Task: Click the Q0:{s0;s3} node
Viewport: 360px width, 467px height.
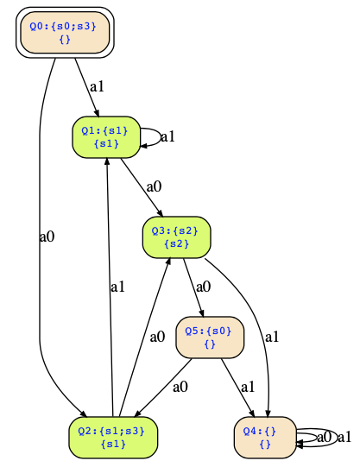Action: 65,33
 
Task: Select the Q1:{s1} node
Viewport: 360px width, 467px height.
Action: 106,137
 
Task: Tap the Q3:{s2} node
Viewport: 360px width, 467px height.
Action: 177,237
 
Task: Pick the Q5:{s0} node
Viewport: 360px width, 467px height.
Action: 210,338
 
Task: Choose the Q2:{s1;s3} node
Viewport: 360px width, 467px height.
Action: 113,438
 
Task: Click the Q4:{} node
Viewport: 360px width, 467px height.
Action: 265,438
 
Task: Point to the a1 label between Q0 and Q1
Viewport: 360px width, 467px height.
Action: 97,86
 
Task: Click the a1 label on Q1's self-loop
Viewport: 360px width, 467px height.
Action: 167,137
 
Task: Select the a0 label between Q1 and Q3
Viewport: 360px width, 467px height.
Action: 154,186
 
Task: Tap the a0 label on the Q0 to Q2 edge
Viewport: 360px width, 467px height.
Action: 47,237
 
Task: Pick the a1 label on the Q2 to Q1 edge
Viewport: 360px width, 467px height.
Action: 117,287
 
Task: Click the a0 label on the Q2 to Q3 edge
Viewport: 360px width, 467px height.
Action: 157,337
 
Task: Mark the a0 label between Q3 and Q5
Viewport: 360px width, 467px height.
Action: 204,287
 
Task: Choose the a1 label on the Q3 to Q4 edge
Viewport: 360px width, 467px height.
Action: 272,338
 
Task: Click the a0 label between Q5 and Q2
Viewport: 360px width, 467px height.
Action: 180,387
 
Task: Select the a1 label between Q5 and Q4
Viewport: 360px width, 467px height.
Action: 248,388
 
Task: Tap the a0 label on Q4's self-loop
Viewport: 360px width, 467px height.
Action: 325,437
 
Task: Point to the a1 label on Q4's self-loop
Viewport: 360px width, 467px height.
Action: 344,437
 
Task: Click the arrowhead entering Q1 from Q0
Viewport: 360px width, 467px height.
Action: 96,113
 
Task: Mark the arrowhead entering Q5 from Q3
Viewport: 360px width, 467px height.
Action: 202,313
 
